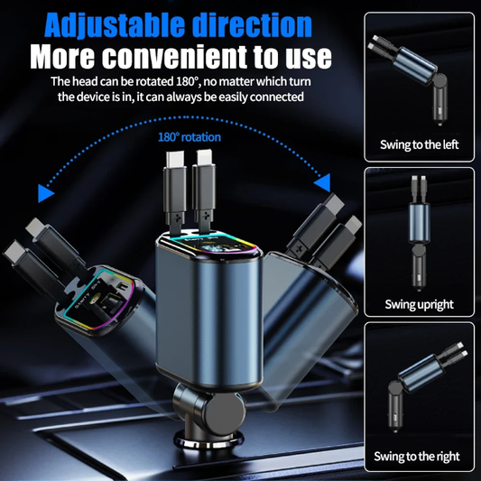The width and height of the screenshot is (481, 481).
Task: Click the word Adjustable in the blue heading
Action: pos(115,25)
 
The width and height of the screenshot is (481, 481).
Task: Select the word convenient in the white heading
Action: pos(174,57)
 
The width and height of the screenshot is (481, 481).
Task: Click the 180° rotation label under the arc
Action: pos(190,137)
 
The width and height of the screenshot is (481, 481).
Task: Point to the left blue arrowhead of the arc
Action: pos(45,193)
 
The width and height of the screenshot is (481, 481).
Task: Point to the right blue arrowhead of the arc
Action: pos(323,182)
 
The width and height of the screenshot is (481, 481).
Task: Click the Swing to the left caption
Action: pos(419,144)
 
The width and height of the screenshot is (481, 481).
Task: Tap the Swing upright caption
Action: pos(419,304)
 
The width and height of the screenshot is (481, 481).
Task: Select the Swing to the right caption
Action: pos(417,456)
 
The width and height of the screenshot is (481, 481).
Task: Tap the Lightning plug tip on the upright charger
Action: pos(204,158)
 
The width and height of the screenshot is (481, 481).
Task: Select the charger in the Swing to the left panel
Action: pos(408,79)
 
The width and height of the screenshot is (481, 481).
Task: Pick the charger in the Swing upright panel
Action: pos(419,232)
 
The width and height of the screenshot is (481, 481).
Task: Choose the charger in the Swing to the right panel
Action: pos(427,386)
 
